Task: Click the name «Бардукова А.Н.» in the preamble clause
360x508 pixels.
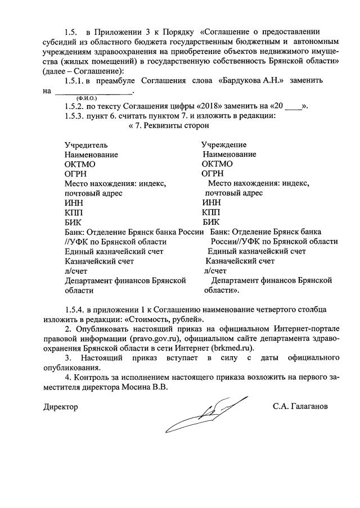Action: coord(253,81)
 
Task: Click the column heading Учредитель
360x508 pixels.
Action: coord(84,145)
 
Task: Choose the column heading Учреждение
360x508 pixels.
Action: coord(224,145)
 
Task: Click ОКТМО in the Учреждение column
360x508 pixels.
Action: coord(217,164)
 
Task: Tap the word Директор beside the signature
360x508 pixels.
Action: coord(61,406)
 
